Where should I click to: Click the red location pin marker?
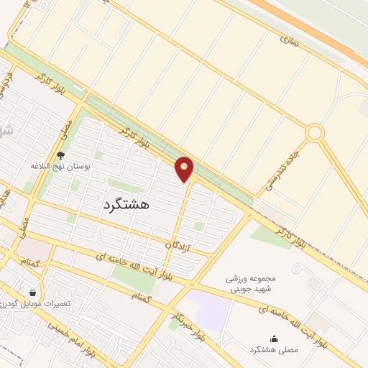click(185, 168)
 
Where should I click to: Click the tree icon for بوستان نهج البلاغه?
click(60, 155)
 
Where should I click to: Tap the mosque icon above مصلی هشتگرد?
click(274, 338)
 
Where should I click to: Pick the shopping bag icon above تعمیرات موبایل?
click(32, 293)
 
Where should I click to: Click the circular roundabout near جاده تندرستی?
click(314, 132)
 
